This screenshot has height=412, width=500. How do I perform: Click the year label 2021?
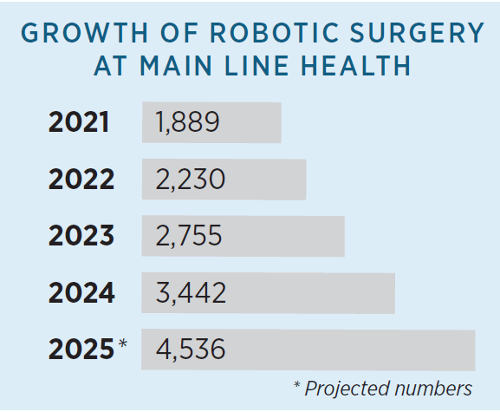click(x=79, y=122)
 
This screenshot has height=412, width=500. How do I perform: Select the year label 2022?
click(x=81, y=180)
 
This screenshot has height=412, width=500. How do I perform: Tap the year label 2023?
click(x=81, y=236)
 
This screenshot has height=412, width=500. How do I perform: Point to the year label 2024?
click(x=81, y=293)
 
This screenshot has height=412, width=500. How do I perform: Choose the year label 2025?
click(x=81, y=350)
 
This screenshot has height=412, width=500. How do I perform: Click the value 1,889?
click(x=188, y=122)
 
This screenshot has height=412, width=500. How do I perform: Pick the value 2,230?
click(x=191, y=180)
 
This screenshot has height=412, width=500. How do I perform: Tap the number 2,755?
click(x=190, y=236)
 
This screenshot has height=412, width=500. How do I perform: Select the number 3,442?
click(x=192, y=293)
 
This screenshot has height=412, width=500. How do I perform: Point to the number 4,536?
click(x=191, y=350)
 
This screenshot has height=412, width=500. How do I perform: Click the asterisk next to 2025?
click(x=123, y=345)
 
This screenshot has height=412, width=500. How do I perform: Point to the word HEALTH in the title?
click(x=366, y=67)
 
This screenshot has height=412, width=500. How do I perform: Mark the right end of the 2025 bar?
click(x=473, y=350)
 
